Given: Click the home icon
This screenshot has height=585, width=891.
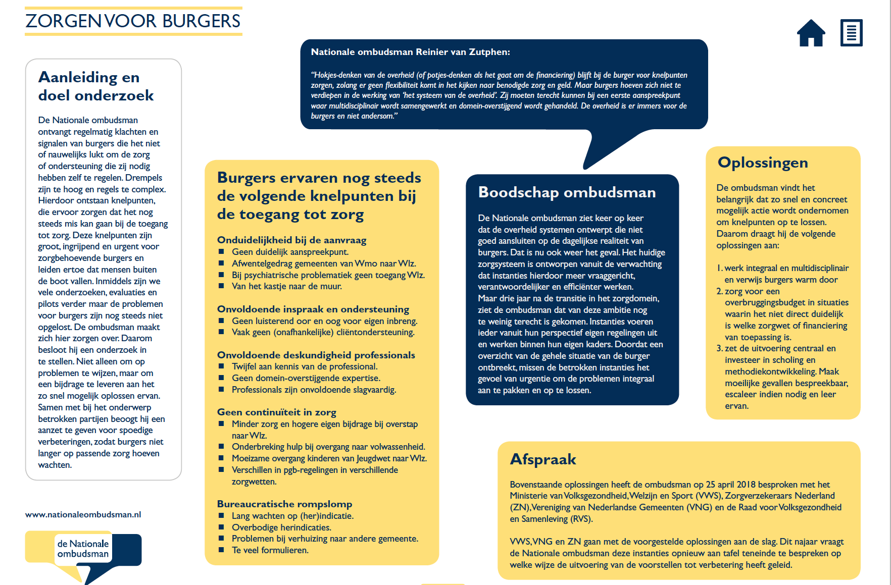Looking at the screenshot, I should pos(811,33).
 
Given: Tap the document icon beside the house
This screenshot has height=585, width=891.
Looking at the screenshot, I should pos(851,33).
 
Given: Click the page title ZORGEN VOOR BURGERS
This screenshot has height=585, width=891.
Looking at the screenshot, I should pos(133,21).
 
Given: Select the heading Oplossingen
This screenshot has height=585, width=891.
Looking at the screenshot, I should pos(763,163).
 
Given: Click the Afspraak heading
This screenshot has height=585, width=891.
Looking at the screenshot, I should pos(543,459).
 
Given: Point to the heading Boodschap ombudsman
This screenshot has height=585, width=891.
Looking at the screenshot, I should pos(567,192).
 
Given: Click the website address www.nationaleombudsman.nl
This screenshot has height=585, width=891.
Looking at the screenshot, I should pos(83,515).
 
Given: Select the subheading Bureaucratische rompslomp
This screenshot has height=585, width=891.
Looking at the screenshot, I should pos(284,504).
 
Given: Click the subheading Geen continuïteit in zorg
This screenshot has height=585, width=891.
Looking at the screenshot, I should pos(276,412).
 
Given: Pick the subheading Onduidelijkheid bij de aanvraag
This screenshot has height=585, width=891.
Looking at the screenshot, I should pos(291,240).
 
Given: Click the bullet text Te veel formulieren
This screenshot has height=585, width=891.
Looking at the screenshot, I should pos(270,550).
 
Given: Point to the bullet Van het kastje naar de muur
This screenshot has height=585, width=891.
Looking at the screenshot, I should pos(286,286).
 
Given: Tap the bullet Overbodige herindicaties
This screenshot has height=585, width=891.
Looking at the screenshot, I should pos(281,527).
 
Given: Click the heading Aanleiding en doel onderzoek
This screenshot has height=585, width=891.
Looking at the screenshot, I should pos(96,86).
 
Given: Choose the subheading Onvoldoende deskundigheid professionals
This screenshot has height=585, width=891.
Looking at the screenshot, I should pos(316,355).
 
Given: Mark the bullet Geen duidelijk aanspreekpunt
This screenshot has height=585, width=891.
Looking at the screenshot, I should pos(290,252).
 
